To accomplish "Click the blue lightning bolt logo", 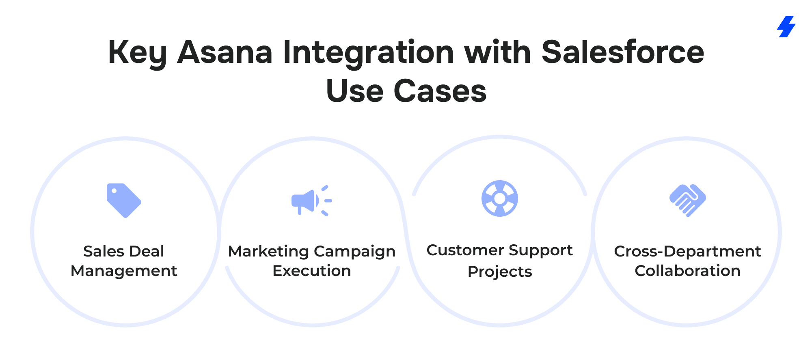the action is coord(786,27).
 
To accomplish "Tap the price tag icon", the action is coord(124,200).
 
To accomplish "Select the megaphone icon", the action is coord(311,201).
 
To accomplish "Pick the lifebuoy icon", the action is coord(499,198).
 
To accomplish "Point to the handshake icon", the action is coord(687,200).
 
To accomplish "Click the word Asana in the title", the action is coord(225,52).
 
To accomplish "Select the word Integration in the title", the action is coord(369,53).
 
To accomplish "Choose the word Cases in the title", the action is coord(440,91).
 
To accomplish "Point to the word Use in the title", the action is coord(355,91).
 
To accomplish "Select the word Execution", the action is coord(312,271).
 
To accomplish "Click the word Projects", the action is coord(500,272).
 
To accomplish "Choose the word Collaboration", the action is coord(687,271).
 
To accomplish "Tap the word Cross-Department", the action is coord(687,252).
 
